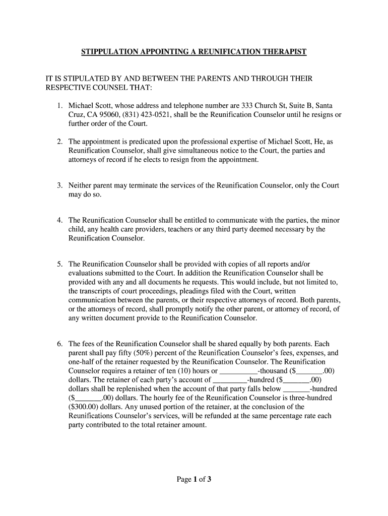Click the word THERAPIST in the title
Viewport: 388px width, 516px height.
[284, 52]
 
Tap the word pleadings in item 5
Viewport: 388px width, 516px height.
[187, 291]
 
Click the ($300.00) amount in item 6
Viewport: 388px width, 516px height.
[85, 407]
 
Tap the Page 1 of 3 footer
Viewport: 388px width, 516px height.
[193, 479]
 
